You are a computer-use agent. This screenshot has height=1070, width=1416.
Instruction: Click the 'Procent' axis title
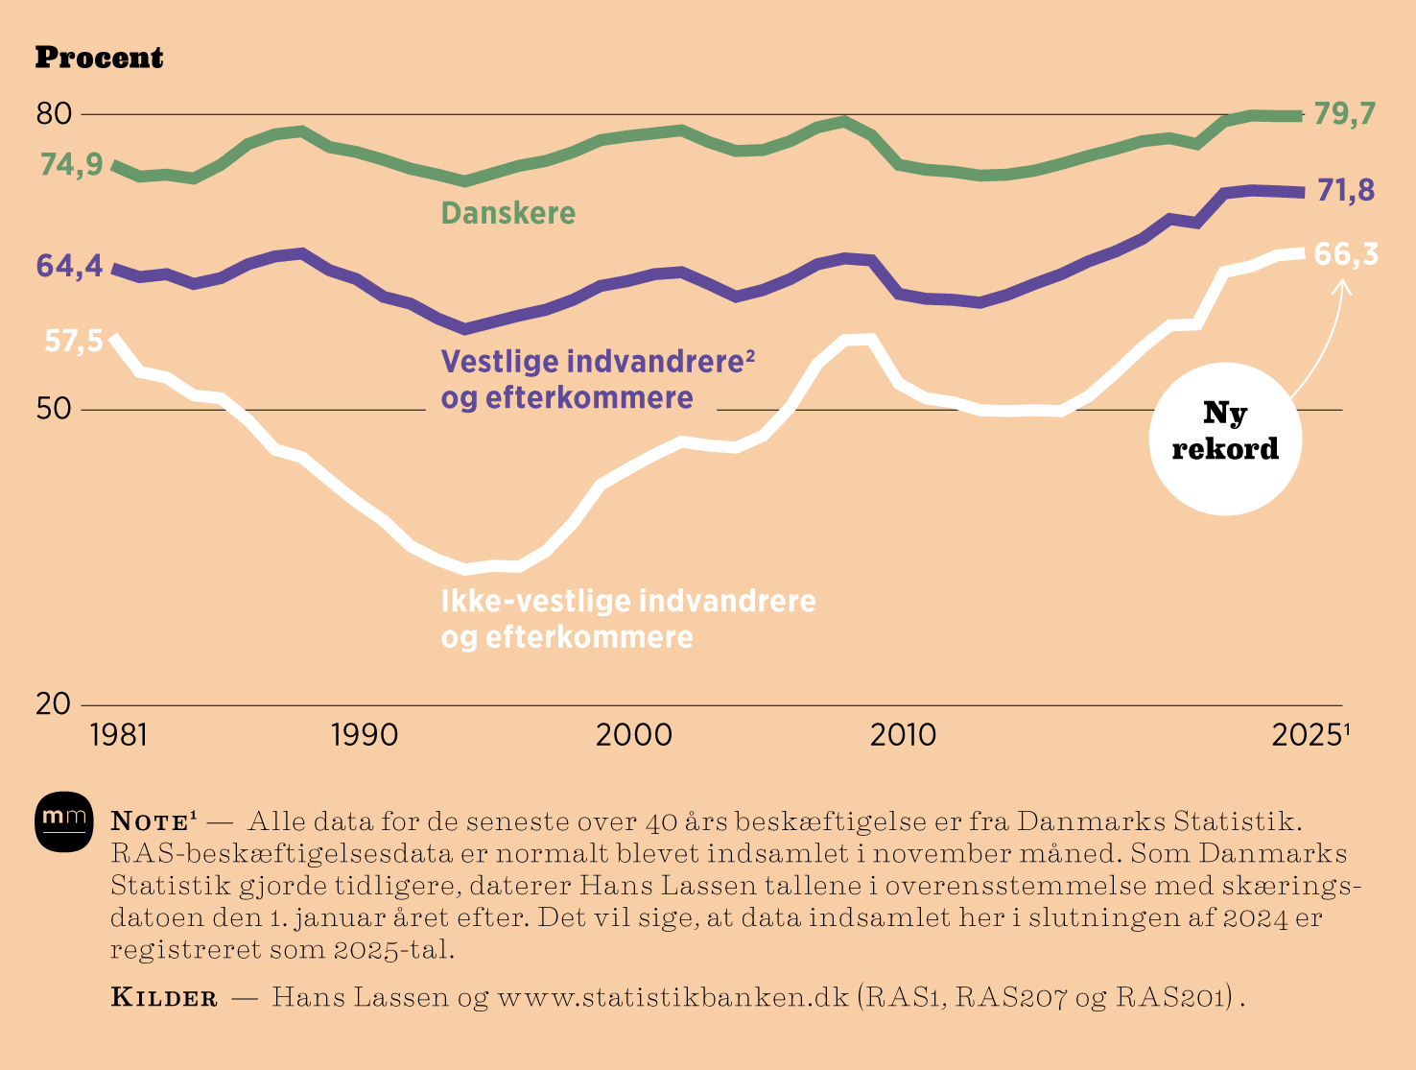tap(99, 59)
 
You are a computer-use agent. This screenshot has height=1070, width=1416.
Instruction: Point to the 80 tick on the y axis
tap(54, 114)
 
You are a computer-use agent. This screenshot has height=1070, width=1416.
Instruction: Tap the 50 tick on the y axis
tap(54, 409)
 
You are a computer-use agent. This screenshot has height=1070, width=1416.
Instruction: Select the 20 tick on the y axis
tap(54, 703)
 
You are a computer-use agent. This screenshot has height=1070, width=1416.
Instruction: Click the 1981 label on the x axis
tap(119, 735)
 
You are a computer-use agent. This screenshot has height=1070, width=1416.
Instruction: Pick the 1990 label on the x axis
tap(365, 735)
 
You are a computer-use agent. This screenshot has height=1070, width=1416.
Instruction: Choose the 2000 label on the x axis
tap(634, 735)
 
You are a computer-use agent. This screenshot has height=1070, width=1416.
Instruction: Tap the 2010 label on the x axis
tap(903, 735)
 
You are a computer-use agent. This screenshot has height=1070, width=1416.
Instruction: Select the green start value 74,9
tap(71, 166)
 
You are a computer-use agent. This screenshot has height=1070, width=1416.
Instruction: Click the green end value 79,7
tap(1345, 114)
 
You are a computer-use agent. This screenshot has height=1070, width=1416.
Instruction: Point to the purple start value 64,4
tap(69, 266)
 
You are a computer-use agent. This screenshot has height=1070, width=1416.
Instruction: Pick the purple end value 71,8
tap(1345, 191)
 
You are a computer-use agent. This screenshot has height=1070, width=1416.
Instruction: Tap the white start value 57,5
tap(74, 341)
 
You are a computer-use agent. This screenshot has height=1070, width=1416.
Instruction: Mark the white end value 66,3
tap(1345, 254)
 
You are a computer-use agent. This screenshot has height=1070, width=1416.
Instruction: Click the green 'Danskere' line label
tap(508, 213)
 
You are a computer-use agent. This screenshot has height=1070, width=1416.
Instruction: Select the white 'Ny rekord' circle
tap(1225, 439)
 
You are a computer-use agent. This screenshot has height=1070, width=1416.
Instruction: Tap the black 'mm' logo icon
tap(64, 821)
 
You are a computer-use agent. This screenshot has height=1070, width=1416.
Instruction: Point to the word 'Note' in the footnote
tap(150, 821)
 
